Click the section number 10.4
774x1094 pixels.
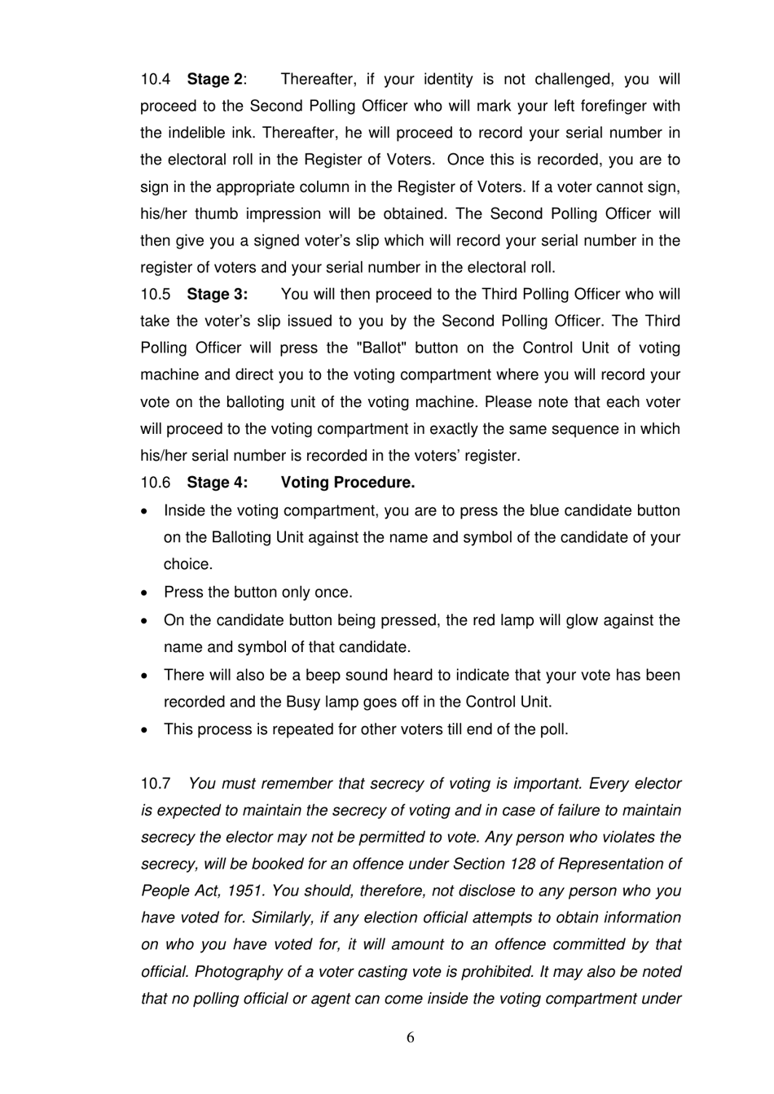156,80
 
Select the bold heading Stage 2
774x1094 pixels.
214,80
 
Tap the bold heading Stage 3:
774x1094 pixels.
217,295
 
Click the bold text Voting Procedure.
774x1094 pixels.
348,483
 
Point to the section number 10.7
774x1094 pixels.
156,784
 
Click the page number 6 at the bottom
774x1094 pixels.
410,1037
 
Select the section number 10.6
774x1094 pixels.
156,483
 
